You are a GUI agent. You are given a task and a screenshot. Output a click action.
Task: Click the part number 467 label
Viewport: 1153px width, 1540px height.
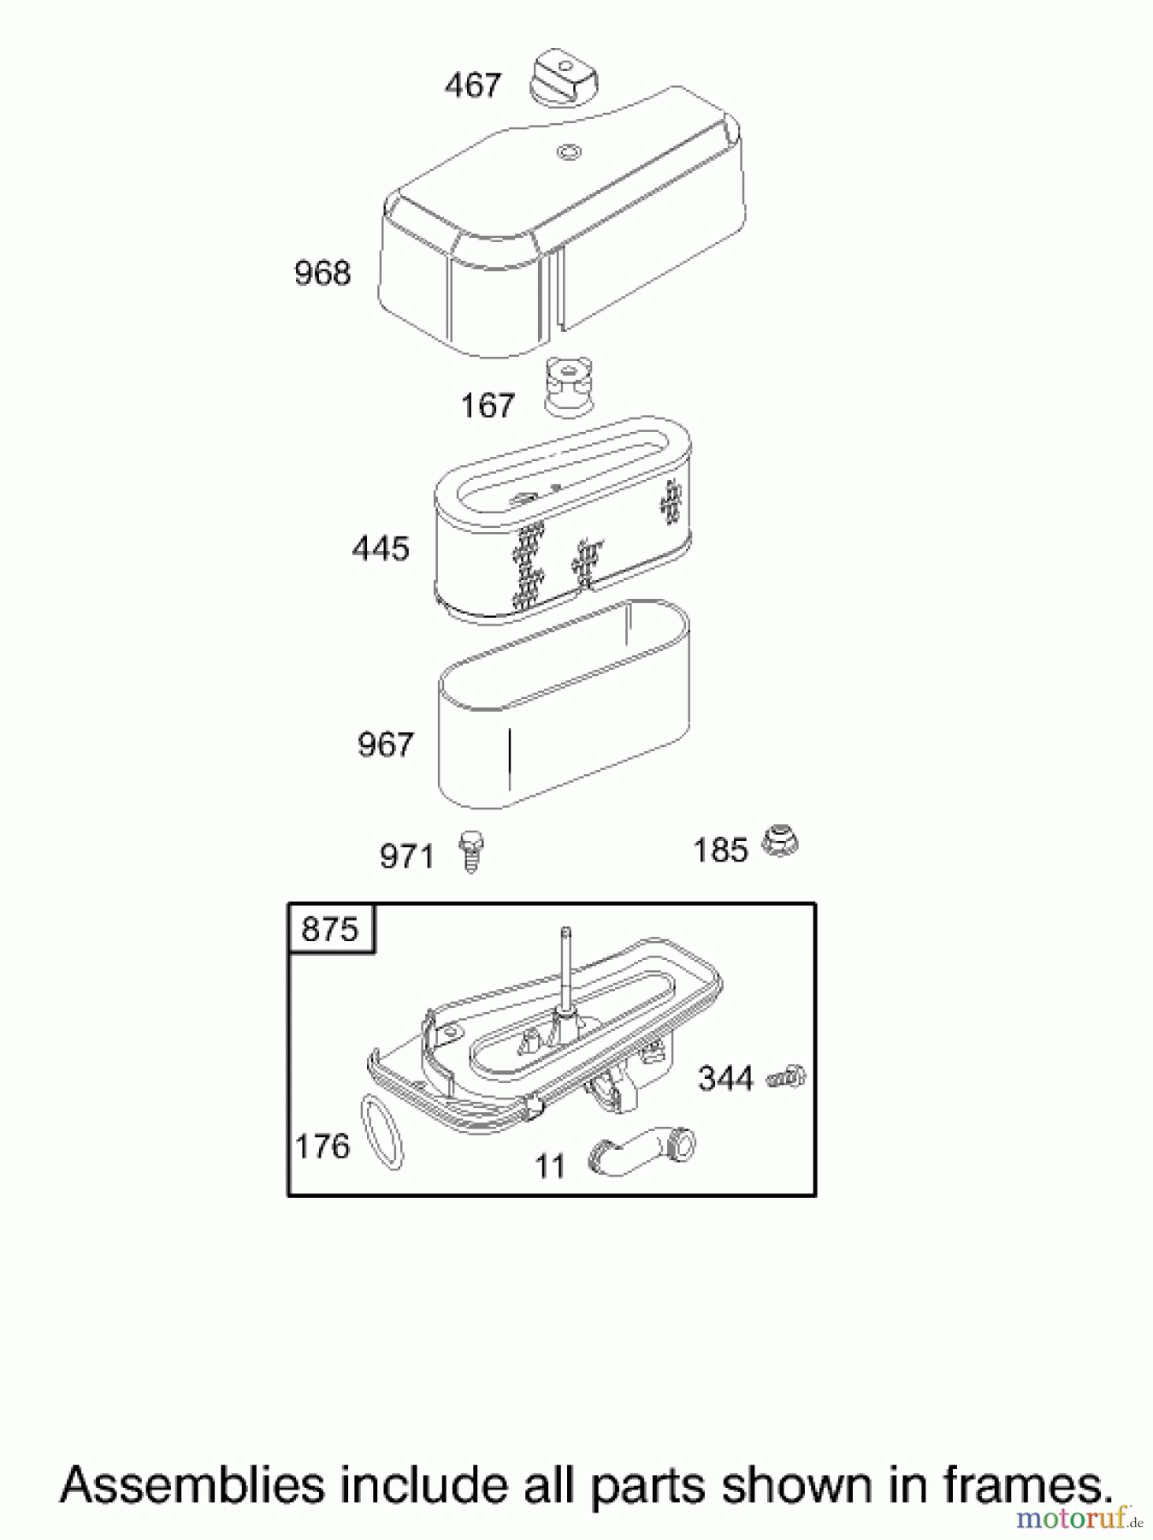click(x=472, y=86)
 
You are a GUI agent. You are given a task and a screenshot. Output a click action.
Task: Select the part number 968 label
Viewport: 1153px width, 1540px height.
click(x=322, y=273)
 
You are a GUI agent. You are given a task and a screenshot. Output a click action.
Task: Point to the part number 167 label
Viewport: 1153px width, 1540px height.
click(x=488, y=405)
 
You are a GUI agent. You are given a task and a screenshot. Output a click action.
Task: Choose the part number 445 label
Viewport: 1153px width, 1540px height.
click(x=381, y=548)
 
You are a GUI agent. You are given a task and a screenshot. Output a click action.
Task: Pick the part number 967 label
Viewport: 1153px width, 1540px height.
click(x=385, y=744)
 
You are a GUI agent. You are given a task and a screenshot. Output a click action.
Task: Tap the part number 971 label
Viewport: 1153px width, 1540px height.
click(x=406, y=856)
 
